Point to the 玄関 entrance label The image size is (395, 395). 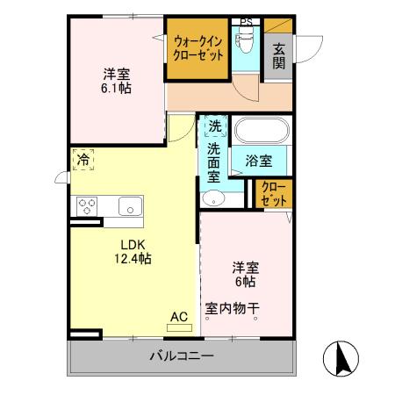click(278, 56)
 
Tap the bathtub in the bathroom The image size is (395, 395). click(260, 133)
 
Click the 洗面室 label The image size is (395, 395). click(213, 162)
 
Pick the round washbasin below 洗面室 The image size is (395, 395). click(213, 199)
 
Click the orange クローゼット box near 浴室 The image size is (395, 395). click(274, 194)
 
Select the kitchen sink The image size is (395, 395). click(127, 207)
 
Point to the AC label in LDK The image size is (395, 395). click(178, 317)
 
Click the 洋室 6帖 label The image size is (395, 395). click(244, 274)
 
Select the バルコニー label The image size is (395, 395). click(181, 357)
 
